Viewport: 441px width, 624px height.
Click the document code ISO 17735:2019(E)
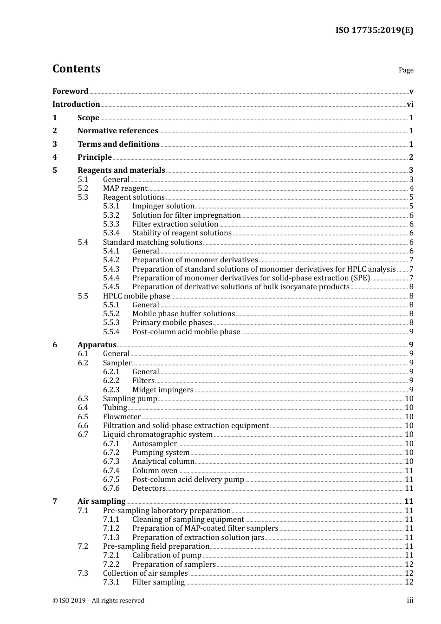click(374, 30)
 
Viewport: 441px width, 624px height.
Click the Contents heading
click(76, 69)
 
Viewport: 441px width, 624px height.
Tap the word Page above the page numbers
click(406, 70)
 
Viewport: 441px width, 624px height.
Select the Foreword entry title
click(70, 91)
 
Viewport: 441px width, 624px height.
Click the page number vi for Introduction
click(410, 104)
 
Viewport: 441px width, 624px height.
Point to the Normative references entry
click(118, 131)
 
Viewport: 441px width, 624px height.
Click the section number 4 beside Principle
click(55, 157)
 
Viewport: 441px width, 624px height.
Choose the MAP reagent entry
click(125, 188)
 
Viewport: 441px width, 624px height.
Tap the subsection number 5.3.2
click(111, 215)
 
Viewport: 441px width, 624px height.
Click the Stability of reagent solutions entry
click(182, 233)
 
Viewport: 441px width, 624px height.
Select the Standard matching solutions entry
click(152, 242)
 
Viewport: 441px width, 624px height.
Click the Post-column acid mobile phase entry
click(186, 332)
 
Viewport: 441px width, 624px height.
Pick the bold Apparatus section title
click(97, 345)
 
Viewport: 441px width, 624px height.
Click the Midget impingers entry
click(162, 390)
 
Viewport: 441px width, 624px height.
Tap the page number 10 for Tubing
click(409, 408)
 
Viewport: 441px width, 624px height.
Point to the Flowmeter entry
click(122, 417)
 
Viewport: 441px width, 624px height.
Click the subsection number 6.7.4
click(111, 471)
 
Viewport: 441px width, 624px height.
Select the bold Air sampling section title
click(101, 501)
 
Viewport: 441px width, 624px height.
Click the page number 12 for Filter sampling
click(409, 582)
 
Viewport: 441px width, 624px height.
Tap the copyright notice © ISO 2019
click(98, 601)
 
